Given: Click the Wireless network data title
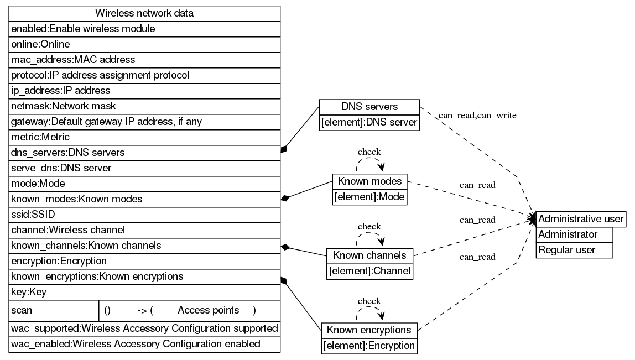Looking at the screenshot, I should point(144,13).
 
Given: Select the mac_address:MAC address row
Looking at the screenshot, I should point(144,59).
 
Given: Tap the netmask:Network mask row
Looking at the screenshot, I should point(144,106).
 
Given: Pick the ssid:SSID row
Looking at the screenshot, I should point(144,214).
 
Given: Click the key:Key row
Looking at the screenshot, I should point(144,291).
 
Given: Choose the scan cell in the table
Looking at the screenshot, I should point(54,310).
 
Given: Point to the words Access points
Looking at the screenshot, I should point(208,310).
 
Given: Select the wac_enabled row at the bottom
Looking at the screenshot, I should point(144,344).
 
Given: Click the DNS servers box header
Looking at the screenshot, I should point(369,107).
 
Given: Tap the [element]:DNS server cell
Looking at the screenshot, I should point(369,122).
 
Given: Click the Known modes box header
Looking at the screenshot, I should point(370,181).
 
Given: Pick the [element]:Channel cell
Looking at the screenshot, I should point(369,271).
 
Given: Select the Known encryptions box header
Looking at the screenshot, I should point(369,330).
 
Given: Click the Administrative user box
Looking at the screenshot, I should point(581,219).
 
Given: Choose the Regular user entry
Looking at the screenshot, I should point(575,250).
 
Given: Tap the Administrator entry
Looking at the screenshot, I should point(575,234).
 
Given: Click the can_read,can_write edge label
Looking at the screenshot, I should point(477,116).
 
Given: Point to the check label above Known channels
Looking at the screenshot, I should point(369,226).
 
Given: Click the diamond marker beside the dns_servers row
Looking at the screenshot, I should point(284,149).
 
